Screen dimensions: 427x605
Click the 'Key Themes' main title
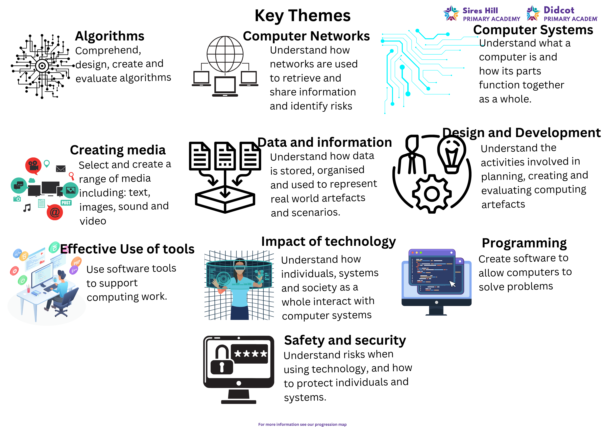pos(302,16)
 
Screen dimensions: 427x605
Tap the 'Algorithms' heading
pos(110,36)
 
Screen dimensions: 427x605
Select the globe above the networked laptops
pos(225,54)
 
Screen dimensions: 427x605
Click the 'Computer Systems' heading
pos(533,30)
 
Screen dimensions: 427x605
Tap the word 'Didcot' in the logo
pos(559,10)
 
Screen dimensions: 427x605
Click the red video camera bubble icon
pos(33,166)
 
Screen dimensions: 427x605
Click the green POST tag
pos(66,203)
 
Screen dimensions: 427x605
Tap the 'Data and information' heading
pos(325,142)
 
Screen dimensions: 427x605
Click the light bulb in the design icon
pos(452,155)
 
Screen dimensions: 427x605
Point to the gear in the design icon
pos(432,194)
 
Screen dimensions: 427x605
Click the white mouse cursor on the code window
pos(452,284)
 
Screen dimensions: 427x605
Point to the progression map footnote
pos(302,424)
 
